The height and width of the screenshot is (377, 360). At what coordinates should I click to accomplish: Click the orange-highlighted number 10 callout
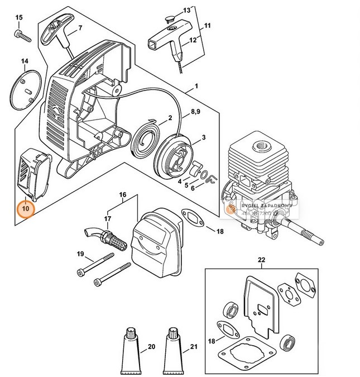26,208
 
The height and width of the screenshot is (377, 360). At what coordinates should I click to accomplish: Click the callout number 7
80,28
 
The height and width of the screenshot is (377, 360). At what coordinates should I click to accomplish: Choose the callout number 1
196,88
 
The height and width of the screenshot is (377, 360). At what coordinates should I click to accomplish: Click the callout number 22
260,260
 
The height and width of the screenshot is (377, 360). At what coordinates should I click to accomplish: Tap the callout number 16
122,195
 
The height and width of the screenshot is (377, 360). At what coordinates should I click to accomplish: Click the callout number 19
80,254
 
